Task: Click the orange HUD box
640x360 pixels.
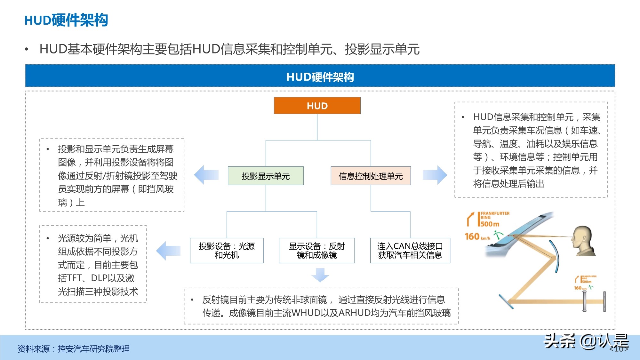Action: tap(317, 106)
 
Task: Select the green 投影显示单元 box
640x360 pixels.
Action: tap(266, 176)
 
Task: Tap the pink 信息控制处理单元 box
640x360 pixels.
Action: tap(371, 176)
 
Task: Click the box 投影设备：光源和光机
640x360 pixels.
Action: tap(227, 251)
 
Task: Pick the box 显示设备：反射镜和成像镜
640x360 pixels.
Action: tap(317, 251)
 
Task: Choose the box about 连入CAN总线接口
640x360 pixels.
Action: tap(410, 251)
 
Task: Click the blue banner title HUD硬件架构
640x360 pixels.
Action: tap(320, 77)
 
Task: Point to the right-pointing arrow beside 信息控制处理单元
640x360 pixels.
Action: tap(435, 175)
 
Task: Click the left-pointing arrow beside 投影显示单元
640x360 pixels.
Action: tap(206, 175)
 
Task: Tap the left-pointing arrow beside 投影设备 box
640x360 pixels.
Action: tap(168, 251)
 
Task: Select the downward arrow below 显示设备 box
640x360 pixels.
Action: tap(320, 275)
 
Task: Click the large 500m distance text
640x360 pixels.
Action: tap(490, 224)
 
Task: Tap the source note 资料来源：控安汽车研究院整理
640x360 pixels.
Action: tap(74, 349)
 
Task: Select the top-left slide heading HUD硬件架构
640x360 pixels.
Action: tap(66, 20)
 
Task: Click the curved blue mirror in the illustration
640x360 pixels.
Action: tap(556, 256)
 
